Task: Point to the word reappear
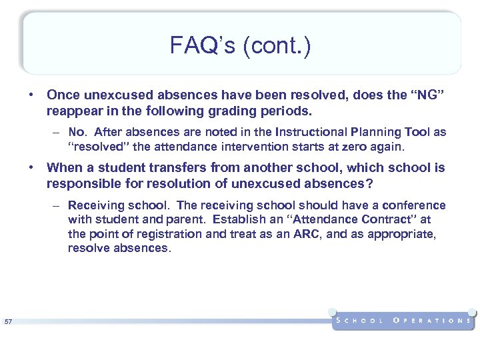(75, 109)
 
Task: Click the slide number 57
(8, 323)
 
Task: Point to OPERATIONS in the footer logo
(433, 321)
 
